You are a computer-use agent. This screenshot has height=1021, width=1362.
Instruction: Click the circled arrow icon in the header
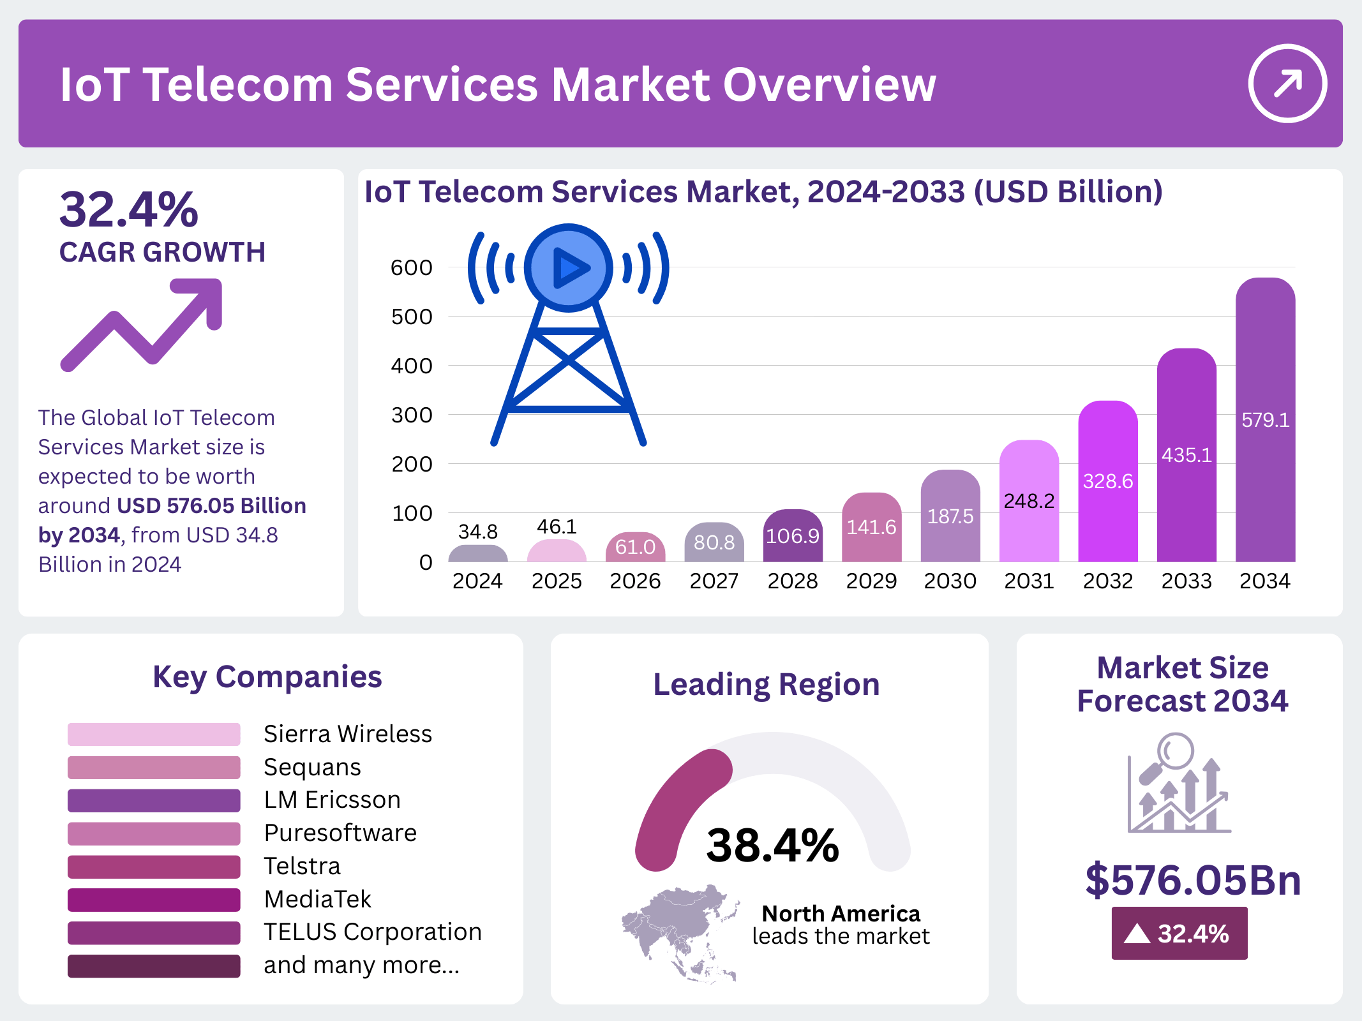1287,83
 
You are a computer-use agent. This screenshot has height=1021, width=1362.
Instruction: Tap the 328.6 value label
1108,481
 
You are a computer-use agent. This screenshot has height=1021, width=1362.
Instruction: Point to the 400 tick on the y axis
412,366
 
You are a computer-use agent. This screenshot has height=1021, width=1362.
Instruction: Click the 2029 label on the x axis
871,581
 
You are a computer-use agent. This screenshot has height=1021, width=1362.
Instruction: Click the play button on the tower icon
569,267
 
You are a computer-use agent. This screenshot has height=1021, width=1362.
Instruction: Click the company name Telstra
303,866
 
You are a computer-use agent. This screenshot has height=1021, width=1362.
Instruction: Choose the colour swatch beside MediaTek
154,900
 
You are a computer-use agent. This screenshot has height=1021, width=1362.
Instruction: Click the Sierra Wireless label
348,734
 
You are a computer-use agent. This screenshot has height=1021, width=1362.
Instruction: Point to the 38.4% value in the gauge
772,846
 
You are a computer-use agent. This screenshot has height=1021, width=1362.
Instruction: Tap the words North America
841,914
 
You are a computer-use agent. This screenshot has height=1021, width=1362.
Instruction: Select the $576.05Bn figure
1193,880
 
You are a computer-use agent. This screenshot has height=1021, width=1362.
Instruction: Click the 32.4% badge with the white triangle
1179,934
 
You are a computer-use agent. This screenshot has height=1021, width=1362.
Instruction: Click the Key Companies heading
267,677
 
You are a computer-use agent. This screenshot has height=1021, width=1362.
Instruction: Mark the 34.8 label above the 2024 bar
478,532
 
